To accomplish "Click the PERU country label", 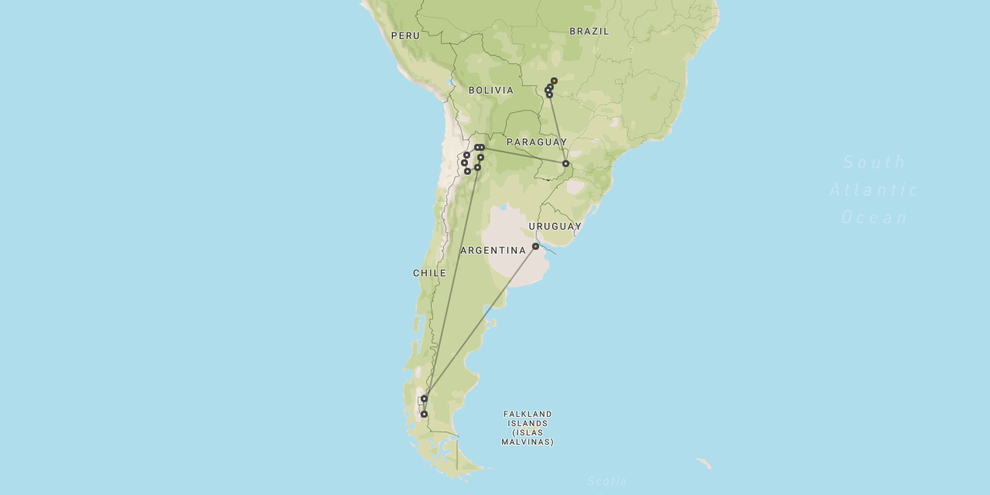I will tap(405, 36).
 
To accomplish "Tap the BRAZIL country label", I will tap(589, 31).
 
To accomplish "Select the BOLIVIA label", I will tap(491, 90).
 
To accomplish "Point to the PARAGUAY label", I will tap(537, 142).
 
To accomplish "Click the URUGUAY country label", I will tap(555, 227).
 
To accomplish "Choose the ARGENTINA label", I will tap(493, 251).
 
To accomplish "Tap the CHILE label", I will tap(429, 273).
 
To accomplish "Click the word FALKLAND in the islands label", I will tap(527, 415).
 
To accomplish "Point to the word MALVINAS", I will tap(527, 442).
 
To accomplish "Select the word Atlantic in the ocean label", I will tap(874, 189).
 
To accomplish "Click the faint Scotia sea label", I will tap(607, 482).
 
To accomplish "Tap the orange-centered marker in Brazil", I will tap(554, 80).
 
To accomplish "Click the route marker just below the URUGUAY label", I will tap(535, 246).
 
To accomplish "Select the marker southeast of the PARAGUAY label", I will tap(565, 163).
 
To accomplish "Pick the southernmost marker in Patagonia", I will tap(424, 414).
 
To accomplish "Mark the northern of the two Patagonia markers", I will tap(424, 398).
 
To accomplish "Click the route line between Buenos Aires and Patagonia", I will tap(480, 323).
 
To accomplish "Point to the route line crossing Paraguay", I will tap(526, 155).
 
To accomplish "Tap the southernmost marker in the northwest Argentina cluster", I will tap(467, 171).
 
